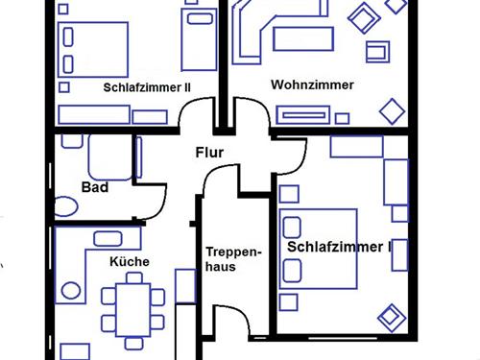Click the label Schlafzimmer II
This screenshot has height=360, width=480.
point(147,87)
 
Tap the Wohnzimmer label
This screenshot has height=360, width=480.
point(313,84)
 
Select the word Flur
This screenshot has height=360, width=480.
point(211,152)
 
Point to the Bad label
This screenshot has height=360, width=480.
point(94,187)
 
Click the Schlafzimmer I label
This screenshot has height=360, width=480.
point(339,247)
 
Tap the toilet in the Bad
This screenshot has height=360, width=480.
point(66,205)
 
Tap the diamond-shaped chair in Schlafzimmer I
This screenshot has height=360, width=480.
point(392,316)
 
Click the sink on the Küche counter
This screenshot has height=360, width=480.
point(69,289)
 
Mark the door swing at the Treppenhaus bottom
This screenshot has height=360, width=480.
point(228,326)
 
